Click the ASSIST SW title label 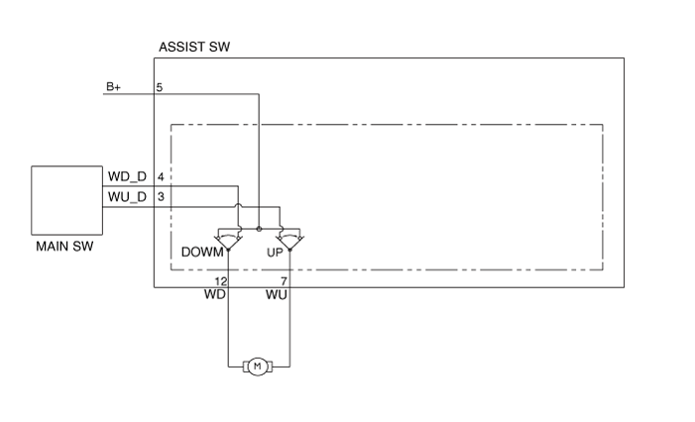[194, 48]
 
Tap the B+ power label [114, 87]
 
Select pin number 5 [160, 87]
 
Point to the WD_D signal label [127, 176]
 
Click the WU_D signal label [127, 196]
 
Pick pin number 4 [161, 176]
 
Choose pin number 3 [161, 196]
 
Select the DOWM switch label [201, 253]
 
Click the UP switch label [275, 253]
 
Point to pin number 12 [221, 281]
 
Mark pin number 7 [284, 281]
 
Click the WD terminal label [215, 295]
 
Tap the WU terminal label [277, 295]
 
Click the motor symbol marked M [258, 368]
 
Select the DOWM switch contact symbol [229, 239]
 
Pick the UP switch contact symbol [290, 239]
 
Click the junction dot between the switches [259, 228]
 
